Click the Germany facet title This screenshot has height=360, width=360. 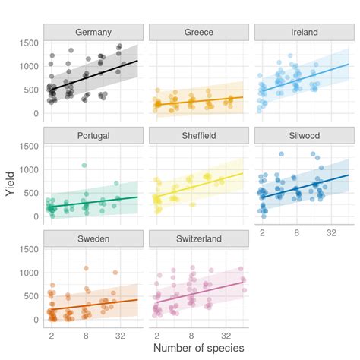[93, 33]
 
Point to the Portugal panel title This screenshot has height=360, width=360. [93, 136]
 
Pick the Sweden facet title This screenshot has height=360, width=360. [93, 239]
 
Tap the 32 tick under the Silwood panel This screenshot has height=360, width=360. [330, 231]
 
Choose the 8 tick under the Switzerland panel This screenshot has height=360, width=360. [191, 334]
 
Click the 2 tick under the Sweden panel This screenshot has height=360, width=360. [52, 334]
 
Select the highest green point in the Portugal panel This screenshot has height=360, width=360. [84, 165]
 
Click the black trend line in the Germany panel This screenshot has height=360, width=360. [93, 76]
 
